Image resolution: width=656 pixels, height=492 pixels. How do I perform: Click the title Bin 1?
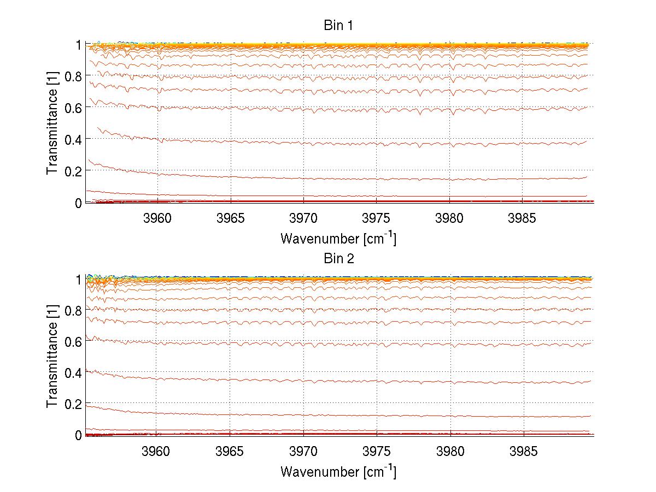pyautogui.click(x=339, y=25)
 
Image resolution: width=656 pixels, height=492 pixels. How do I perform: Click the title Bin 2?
pyautogui.click(x=339, y=258)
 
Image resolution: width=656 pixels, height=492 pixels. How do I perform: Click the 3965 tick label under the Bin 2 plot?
pyautogui.click(x=230, y=453)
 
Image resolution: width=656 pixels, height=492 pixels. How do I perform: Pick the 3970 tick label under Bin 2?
pyautogui.click(x=303, y=453)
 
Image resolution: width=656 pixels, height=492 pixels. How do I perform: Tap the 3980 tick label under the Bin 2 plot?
pyautogui.click(x=450, y=453)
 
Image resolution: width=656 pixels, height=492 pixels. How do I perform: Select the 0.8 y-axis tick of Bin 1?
pyautogui.click(x=74, y=76)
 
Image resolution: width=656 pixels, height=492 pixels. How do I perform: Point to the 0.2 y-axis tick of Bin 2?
pyautogui.click(x=74, y=404)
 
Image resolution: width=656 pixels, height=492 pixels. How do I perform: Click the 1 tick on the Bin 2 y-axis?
pyautogui.click(x=78, y=279)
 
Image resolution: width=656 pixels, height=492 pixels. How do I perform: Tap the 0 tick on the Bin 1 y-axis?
pyautogui.click(x=78, y=203)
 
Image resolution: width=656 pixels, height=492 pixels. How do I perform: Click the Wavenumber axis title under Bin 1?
pyautogui.click(x=338, y=238)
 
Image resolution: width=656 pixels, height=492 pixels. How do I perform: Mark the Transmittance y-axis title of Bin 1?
pyautogui.click(x=52, y=123)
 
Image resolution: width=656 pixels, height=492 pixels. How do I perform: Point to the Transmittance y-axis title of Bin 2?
pyautogui.click(x=52, y=357)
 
